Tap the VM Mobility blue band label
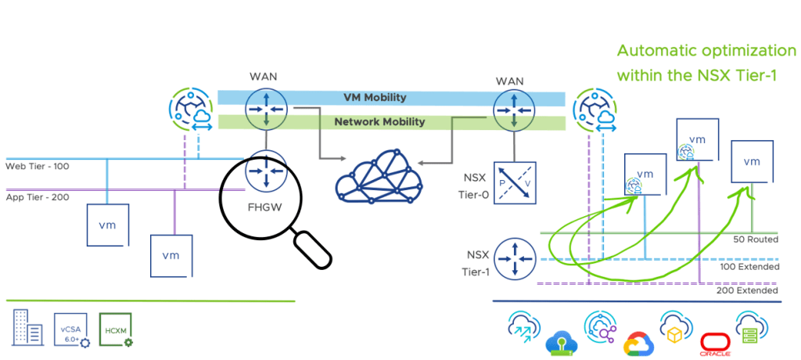tap(375, 98)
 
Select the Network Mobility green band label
tap(379, 122)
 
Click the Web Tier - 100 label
tap(37, 167)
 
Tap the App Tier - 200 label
tap(37, 196)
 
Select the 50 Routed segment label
tap(755, 239)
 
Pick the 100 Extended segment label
tap(749, 266)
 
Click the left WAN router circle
tap(264, 108)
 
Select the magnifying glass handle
tap(311, 250)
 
